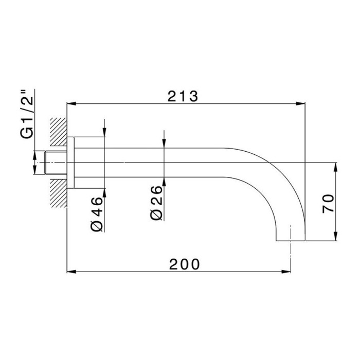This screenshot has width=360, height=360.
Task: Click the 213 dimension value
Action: pyautogui.click(x=183, y=97)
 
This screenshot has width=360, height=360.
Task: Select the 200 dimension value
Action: pyautogui.click(x=185, y=264)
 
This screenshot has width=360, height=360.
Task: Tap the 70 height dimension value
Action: pyautogui.click(x=328, y=204)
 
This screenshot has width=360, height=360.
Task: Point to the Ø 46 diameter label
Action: pyautogui.click(x=97, y=214)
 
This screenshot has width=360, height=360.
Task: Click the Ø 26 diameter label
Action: pyautogui.click(x=156, y=203)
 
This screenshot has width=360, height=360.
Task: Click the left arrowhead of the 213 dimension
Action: pyautogui.click(x=71, y=104)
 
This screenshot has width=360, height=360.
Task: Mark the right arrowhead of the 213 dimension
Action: pyautogui.click(x=300, y=104)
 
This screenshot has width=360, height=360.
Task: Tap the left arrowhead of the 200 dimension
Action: pyautogui.click(x=71, y=272)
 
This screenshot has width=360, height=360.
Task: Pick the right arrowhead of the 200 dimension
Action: pyautogui.click(x=286, y=272)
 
